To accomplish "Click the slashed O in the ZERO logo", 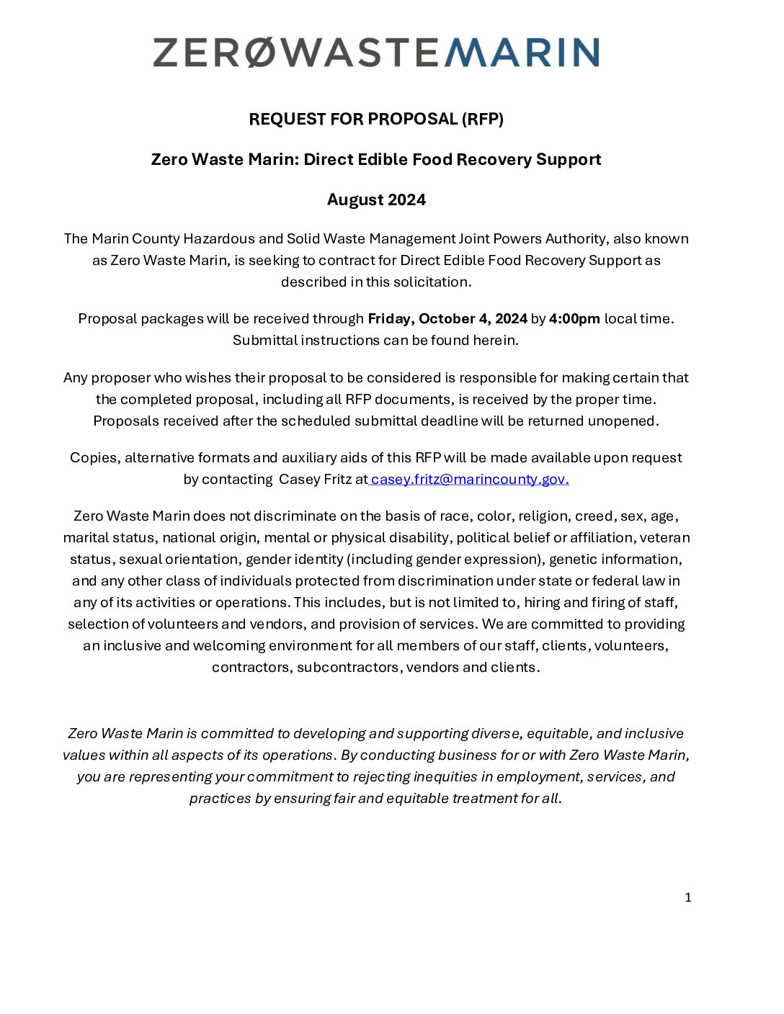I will (x=262, y=53).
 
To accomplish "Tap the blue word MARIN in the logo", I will (x=522, y=53).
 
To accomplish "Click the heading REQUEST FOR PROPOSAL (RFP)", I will (x=376, y=119).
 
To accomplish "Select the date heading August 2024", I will (x=376, y=199).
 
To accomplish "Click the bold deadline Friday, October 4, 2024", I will (x=447, y=318).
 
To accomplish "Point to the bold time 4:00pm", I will (x=574, y=318).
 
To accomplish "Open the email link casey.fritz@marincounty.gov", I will (x=470, y=479).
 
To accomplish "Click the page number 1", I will (x=687, y=897).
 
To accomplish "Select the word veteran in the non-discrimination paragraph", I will (x=664, y=537).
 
